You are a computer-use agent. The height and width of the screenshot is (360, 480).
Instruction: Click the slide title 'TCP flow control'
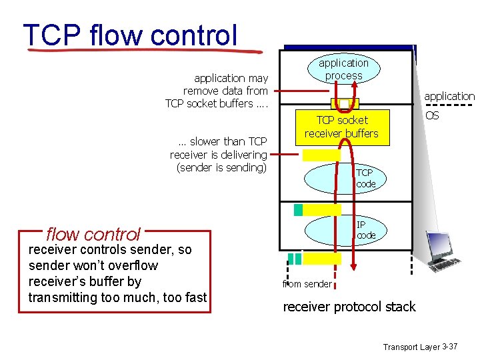[130, 35]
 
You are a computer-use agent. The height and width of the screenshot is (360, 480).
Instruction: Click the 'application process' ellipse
[343, 69]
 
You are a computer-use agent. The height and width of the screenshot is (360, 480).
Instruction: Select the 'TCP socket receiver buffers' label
[341, 127]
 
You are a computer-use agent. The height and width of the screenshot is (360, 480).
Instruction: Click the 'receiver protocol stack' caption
[349, 307]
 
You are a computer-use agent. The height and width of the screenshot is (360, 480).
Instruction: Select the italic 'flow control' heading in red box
[93, 234]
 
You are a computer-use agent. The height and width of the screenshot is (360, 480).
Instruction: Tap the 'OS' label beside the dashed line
[432, 116]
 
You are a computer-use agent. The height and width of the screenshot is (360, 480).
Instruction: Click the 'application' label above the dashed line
[449, 96]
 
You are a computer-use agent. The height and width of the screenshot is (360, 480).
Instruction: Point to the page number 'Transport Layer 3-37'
[420, 347]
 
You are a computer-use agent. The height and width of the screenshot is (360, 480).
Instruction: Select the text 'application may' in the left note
[231, 78]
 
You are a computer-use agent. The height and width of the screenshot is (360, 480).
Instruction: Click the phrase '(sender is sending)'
[221, 167]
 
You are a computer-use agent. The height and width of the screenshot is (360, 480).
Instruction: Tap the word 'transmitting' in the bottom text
[62, 297]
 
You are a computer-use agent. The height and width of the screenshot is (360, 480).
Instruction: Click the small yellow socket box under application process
[345, 103]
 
